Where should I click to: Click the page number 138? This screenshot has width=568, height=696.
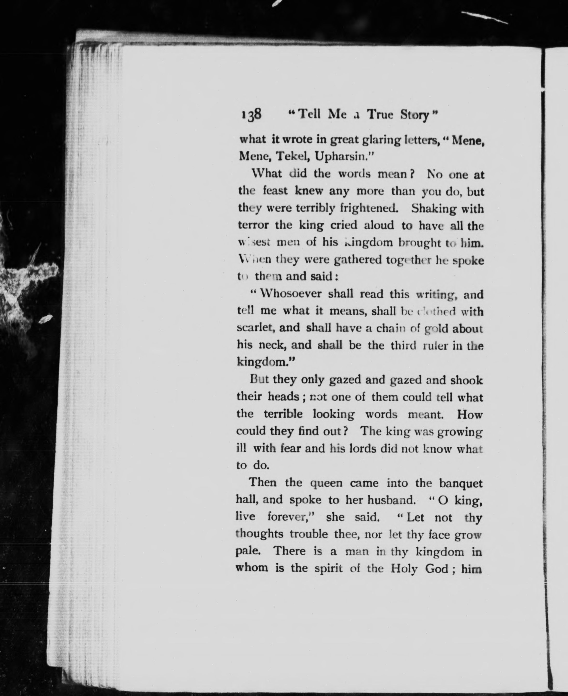click(x=252, y=115)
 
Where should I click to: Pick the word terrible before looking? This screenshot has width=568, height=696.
click(x=283, y=414)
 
